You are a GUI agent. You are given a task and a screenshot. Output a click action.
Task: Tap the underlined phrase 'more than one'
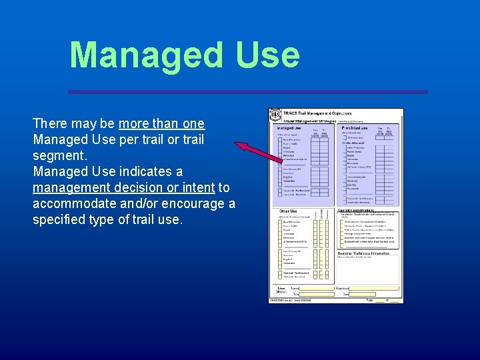(161, 124)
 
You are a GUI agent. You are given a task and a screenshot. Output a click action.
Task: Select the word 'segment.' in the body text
(59, 155)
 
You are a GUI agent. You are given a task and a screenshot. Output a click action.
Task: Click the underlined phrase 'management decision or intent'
(123, 188)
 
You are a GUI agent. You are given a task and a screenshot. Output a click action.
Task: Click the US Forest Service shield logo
(275, 115)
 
